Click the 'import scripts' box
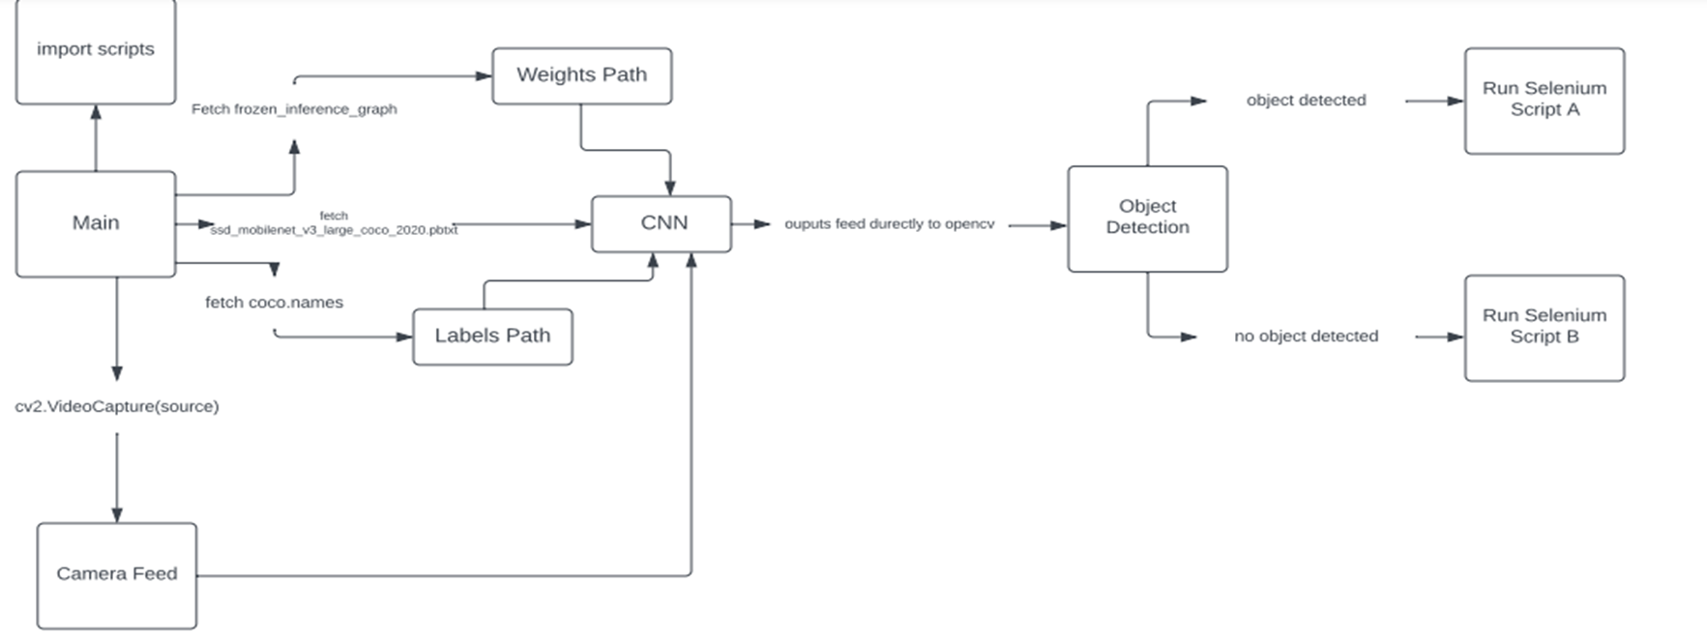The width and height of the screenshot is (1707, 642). (95, 50)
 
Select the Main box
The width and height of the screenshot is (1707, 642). (95, 223)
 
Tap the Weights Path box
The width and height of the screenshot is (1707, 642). (581, 75)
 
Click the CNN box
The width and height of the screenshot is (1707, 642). (662, 223)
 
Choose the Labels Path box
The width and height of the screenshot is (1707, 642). (492, 336)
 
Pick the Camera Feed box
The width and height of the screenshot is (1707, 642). (116, 574)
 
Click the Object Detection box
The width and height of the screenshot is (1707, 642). (1147, 218)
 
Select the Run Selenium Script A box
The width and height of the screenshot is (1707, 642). (1544, 100)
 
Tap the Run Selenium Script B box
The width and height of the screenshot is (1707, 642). (1544, 327)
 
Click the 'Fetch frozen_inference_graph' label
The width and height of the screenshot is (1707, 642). (294, 109)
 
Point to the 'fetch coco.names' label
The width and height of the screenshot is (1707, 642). (274, 303)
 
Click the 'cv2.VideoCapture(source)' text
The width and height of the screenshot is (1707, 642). (117, 407)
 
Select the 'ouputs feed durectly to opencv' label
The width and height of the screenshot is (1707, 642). (889, 224)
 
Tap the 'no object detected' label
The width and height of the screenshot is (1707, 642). (1306, 336)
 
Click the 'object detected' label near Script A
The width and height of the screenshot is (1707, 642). (1306, 101)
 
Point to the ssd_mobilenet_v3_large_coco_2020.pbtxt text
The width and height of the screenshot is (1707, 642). (334, 230)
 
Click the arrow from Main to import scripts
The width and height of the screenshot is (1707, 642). (96, 137)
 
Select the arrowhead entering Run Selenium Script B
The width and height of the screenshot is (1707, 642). (1455, 337)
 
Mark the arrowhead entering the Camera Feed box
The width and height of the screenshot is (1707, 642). (117, 514)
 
